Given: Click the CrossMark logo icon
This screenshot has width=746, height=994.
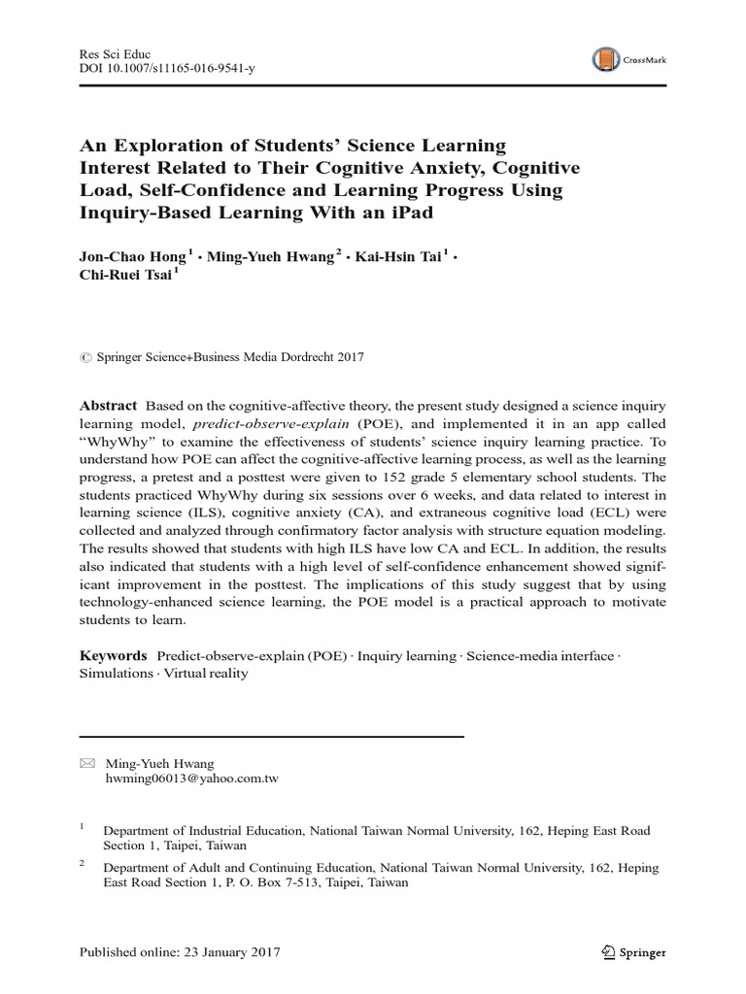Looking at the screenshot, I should point(606,61).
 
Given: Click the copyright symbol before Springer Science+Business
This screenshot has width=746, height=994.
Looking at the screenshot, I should point(84,357).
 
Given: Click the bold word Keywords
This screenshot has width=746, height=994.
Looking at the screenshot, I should point(113,656).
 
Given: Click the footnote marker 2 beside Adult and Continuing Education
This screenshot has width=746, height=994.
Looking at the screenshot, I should point(83,863).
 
